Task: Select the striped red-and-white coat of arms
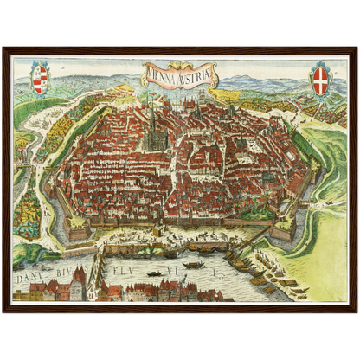pos(39,78)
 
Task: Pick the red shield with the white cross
pos(320,77)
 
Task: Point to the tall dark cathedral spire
pos(153,121)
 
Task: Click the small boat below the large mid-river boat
pos(156,274)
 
